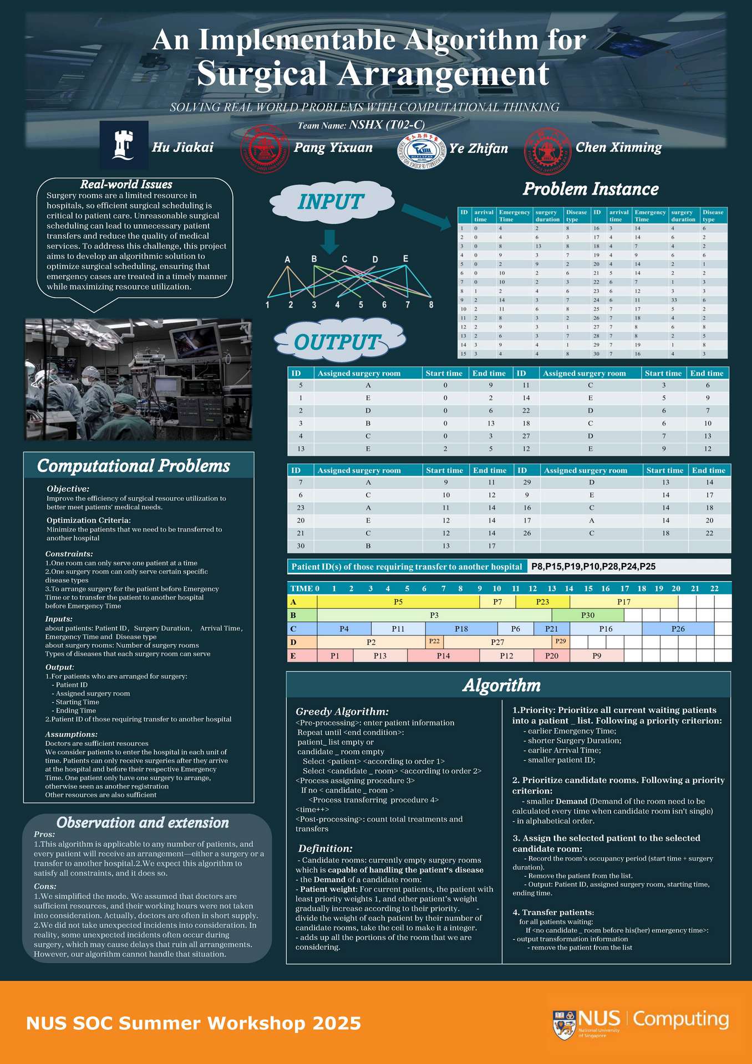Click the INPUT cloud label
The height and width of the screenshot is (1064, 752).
pos(331,202)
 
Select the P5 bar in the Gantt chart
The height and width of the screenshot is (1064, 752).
pos(398,602)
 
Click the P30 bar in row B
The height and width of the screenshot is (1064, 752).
pos(588,615)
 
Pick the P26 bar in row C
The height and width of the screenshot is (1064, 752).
pos(678,629)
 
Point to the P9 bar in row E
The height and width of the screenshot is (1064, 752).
pos(597,656)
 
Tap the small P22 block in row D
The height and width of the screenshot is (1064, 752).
pos(434,642)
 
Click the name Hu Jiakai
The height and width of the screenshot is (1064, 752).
pos(182,147)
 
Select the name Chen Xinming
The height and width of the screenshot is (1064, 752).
pos(618,147)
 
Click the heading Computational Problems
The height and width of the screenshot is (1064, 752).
pos(133,466)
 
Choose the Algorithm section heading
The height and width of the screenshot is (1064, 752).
pos(501,686)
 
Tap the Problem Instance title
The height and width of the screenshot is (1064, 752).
pos(591,190)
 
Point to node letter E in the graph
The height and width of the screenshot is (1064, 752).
pos(405,259)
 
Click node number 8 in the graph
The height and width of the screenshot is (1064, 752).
pos(431,305)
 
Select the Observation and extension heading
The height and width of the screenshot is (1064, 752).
pos(143,823)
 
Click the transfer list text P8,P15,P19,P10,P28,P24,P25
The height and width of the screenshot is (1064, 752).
pos(593,566)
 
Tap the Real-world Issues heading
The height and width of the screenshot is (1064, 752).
pos(126,185)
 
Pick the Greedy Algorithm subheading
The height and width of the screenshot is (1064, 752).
pos(342,712)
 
